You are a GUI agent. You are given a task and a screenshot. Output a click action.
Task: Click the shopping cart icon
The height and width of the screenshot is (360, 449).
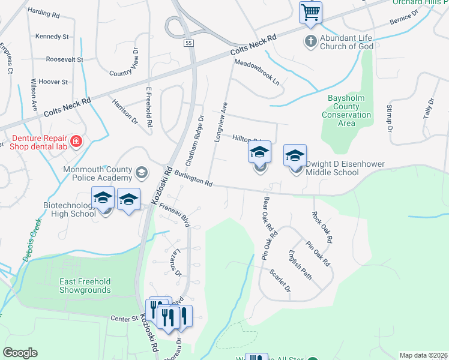coord(310,11)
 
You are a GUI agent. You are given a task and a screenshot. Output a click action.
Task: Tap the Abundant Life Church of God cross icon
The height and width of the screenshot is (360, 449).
coord(310,41)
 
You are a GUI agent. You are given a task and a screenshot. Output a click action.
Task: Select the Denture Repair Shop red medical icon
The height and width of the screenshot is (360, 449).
coord(76,142)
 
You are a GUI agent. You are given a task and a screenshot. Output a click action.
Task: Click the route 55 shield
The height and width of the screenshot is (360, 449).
coord(188,43)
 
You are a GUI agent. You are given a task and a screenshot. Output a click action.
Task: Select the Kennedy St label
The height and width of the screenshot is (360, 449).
coord(52,37)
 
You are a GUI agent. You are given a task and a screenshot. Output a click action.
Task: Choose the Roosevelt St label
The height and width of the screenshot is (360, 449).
coord(64,60)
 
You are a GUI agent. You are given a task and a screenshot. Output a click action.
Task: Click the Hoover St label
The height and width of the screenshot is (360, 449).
coord(52,82)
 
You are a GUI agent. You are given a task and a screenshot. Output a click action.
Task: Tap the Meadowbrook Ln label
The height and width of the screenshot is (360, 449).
coord(257,71)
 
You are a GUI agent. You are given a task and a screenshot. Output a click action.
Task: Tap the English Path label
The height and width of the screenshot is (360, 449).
coord(300,265)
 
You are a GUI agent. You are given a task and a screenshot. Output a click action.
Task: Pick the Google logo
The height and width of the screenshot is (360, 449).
coord(20,353)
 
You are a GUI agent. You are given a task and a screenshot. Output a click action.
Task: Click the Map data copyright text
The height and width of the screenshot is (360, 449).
coord(423,355)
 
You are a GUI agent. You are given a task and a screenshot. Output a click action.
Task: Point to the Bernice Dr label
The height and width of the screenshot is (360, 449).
coord(403,16)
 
